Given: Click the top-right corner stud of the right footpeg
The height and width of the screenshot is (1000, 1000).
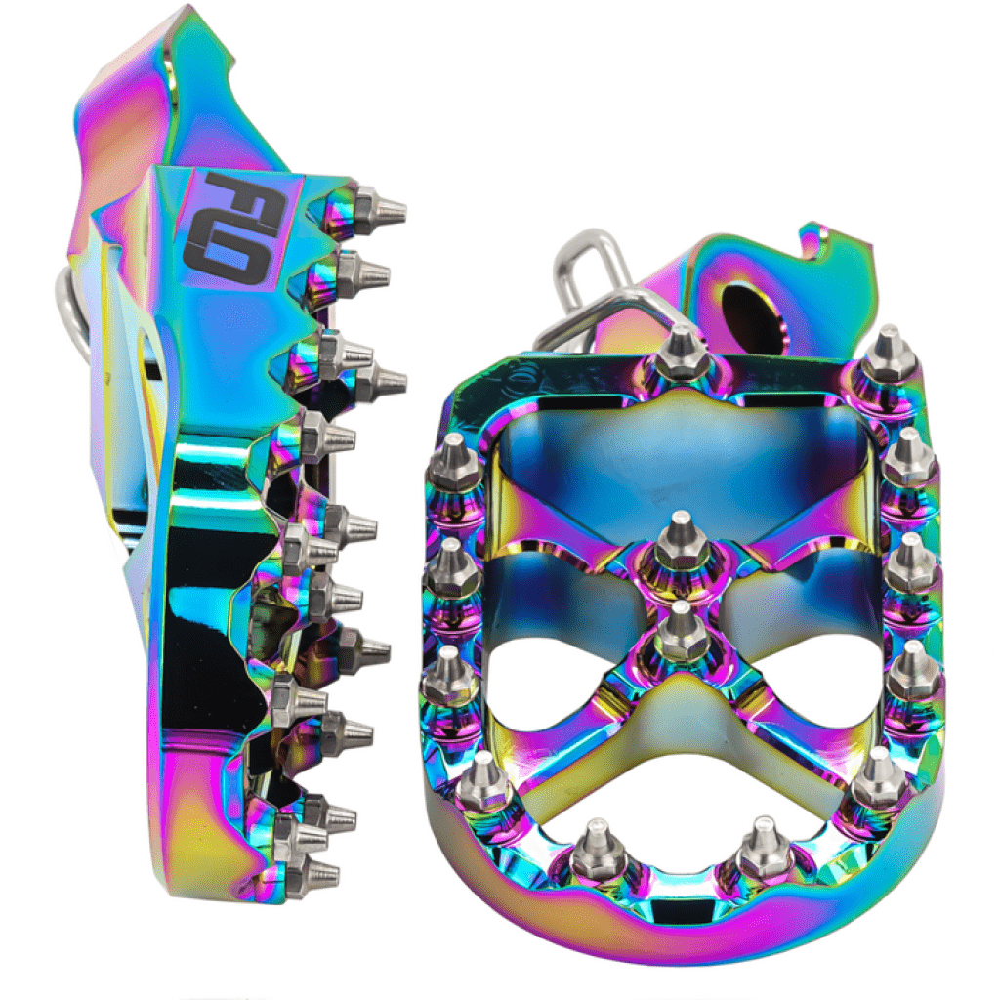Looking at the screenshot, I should (890, 355).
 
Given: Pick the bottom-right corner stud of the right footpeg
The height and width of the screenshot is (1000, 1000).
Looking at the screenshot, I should (878, 776).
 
